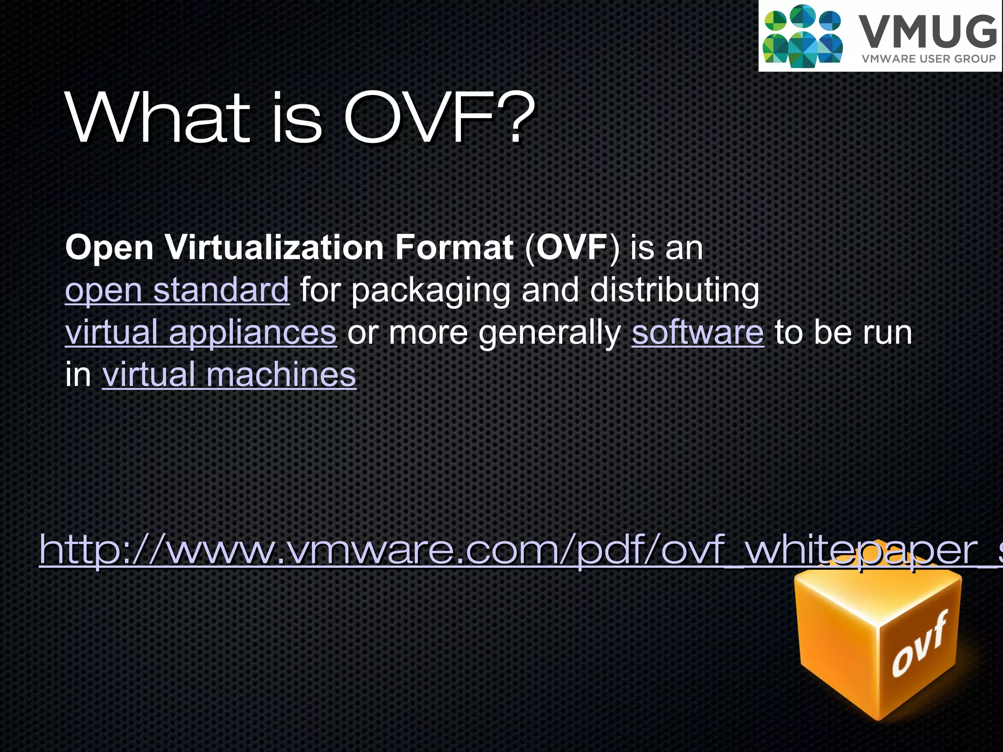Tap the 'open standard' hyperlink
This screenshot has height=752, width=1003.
(177, 290)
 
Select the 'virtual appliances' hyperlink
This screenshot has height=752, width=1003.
(201, 332)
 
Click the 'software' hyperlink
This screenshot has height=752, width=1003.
(697, 332)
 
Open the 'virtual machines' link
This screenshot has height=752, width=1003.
(229, 375)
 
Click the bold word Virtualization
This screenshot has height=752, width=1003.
(274, 247)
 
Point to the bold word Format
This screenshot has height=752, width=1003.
(454, 247)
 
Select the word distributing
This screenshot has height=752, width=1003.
(674, 290)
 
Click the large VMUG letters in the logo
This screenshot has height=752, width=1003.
(928, 32)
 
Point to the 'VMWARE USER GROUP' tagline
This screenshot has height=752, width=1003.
(929, 59)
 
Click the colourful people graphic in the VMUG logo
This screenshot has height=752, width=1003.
(802, 36)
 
